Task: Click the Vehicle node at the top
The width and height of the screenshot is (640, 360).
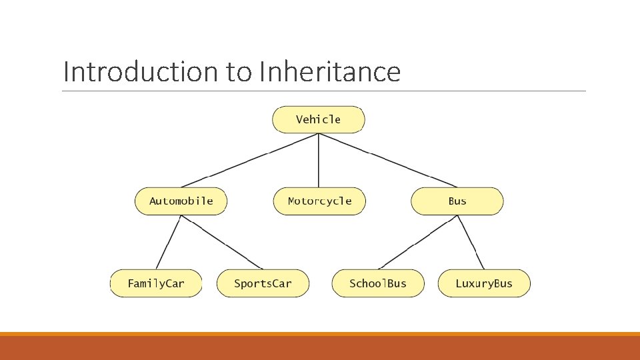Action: pyautogui.click(x=318, y=120)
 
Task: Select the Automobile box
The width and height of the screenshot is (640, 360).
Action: pyautogui.click(x=181, y=201)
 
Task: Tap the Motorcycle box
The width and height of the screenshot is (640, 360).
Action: pyautogui.click(x=319, y=201)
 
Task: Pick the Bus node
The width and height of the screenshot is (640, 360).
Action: pyautogui.click(x=457, y=201)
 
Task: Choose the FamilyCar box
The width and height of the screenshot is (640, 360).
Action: pyautogui.click(x=156, y=283)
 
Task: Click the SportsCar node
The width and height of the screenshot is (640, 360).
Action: pyautogui.click(x=263, y=283)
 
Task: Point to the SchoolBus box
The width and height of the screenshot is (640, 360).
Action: pyautogui.click(x=377, y=283)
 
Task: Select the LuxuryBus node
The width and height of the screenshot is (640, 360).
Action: pyautogui.click(x=484, y=283)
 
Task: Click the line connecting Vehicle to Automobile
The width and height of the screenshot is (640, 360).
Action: pyautogui.click(x=250, y=160)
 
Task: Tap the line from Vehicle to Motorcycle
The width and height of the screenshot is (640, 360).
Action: pyautogui.click(x=319, y=160)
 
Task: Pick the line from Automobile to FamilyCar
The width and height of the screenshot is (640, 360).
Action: pyautogui.click(x=168, y=243)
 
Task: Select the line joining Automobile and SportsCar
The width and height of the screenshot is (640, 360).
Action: pyautogui.click(x=222, y=243)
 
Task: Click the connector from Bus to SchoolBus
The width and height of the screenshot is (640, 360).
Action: pyautogui.click(x=418, y=243)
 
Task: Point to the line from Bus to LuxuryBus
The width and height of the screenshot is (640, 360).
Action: pyautogui.click(x=471, y=243)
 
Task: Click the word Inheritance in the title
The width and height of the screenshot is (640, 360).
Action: pyautogui.click(x=329, y=72)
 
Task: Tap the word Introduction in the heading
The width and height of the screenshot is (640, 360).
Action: pyautogui.click(x=141, y=72)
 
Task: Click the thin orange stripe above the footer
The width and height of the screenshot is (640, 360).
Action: pyautogui.click(x=320, y=334)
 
